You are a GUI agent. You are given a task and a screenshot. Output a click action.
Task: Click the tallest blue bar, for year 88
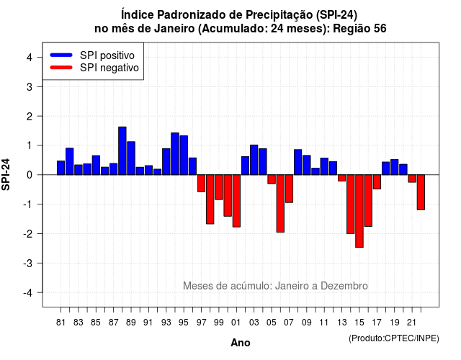coord(122,150)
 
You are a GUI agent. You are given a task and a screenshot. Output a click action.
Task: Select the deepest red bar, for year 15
coord(359,211)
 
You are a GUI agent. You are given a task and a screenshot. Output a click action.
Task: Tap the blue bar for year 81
coord(61,168)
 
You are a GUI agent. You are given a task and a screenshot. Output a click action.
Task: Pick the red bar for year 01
coord(236,201)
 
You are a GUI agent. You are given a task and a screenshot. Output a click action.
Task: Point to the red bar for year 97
coord(202,183)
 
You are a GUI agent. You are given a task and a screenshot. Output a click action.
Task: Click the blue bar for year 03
coord(254,160)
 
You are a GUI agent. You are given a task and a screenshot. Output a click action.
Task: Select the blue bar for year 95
coord(184,156)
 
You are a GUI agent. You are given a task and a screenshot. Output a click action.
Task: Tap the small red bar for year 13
coord(341,178)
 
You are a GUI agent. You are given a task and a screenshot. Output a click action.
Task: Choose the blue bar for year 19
coord(395,167)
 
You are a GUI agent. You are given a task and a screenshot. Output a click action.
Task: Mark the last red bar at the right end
coord(421,192)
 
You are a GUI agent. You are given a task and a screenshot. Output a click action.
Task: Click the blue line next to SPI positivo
coord(61,55)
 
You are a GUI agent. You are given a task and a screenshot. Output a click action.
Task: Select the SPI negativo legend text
coord(109,68)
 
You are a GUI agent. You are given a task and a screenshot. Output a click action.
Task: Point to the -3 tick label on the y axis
coord(28,263)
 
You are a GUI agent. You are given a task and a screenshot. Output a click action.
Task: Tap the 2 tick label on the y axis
coord(30,117)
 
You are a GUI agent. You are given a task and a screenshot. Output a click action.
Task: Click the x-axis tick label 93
coord(166,323)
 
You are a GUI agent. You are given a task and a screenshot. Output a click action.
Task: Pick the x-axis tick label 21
coord(411,323)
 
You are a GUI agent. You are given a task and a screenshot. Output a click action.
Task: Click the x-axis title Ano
coord(241,343)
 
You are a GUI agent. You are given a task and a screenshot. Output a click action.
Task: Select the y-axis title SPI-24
coord(6,174)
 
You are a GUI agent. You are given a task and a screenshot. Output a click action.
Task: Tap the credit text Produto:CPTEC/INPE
coord(394,338)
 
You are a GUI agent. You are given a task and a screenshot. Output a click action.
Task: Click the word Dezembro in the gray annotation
coord(344,286)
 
